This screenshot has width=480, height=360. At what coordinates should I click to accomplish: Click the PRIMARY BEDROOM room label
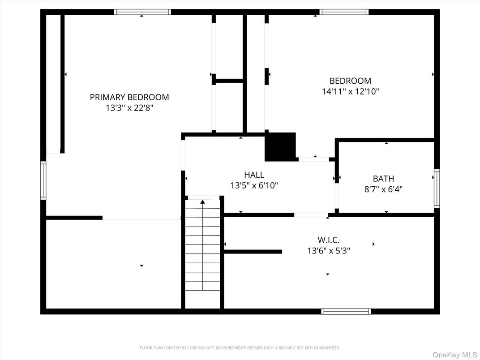point(129,97)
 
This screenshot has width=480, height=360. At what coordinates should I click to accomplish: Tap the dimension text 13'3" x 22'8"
point(129,108)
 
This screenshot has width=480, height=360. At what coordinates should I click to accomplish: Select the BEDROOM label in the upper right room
point(350,81)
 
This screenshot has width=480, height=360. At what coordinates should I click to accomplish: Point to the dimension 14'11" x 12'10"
point(350,92)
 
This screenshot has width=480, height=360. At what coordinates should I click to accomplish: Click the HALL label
point(254,175)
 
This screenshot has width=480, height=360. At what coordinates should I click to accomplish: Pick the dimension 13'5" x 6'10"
point(254,185)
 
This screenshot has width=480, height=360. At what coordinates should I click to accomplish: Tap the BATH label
point(383,179)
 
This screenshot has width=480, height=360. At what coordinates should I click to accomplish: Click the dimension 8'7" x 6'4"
point(383,189)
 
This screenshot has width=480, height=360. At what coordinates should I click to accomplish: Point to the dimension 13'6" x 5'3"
point(328,251)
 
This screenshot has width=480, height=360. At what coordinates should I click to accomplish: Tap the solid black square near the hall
point(280,146)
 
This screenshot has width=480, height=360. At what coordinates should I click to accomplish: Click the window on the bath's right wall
point(437,188)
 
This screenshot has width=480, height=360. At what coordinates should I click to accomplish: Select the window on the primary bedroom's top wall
point(142,12)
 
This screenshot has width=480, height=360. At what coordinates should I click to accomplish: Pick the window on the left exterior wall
point(43,180)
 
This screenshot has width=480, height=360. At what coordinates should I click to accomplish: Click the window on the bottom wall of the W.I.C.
point(346,311)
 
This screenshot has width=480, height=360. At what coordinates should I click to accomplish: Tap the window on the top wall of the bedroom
point(344,12)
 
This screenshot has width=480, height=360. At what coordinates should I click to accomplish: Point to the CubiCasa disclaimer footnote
point(240,347)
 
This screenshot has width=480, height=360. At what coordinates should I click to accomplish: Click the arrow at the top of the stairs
point(202,202)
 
